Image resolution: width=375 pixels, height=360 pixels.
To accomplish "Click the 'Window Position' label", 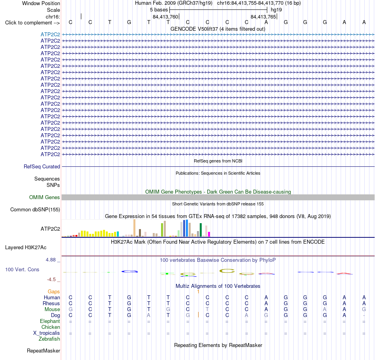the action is pos(41,3).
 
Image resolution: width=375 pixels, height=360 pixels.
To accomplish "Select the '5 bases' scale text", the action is pos(159,10).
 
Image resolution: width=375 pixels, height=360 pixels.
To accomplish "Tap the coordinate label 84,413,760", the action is pos(165,17).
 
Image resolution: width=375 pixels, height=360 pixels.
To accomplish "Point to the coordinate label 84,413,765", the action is pos(263,17).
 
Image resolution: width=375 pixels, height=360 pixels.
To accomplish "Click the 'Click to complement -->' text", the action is pos(32,23).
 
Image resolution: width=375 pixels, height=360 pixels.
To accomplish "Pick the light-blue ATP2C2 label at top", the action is pos(50,34).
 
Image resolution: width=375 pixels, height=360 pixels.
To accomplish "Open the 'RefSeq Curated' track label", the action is pos(42,166).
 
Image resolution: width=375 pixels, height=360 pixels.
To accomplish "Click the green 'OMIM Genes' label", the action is pos(45,197).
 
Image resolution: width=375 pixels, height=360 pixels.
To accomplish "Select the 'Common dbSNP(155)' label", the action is pos(35,209).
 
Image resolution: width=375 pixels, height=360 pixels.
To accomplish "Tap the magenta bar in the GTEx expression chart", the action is pos(209,234).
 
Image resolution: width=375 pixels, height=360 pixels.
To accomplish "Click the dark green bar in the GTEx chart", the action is pos(201,230).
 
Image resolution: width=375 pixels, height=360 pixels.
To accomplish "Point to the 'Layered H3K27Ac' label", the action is pos(26,248).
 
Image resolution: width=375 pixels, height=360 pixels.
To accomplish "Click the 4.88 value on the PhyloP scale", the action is pos(51,260).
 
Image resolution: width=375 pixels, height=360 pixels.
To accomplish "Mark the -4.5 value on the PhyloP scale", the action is pos(51,280).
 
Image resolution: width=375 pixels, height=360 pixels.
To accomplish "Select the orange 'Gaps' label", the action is pos(54,291).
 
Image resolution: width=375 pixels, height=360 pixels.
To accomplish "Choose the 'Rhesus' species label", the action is pos(51,303).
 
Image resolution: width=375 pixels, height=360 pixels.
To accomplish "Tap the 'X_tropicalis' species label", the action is pos(47,333).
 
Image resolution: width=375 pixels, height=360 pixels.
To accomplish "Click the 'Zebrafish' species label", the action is pos(49,339).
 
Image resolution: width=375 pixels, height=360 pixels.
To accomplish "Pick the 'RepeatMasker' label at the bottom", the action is pos(43,351).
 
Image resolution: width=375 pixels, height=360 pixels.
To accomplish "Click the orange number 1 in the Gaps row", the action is pos(198,291).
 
